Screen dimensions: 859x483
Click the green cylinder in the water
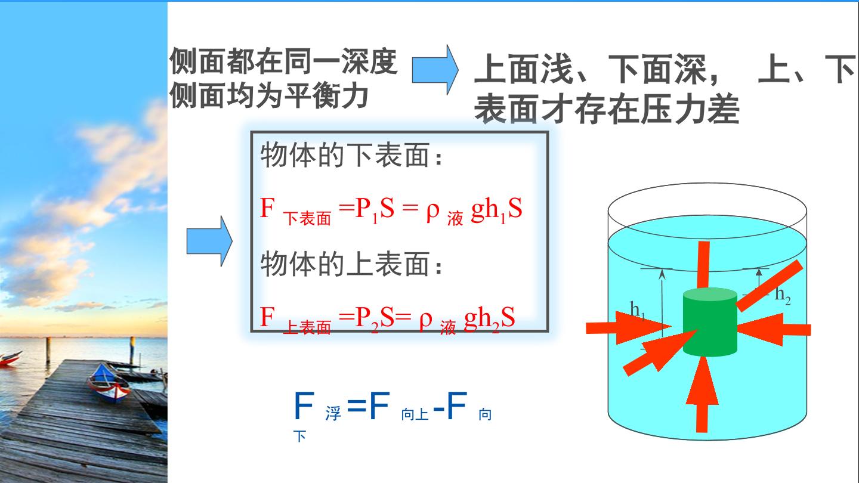pyautogui.click(x=710, y=322)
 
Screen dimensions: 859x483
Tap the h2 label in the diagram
pyautogui.click(x=783, y=295)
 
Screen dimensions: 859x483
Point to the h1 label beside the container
pyautogui.click(x=637, y=309)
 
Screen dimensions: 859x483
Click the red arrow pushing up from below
pyautogui.click(x=702, y=394)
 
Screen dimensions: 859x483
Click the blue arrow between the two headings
pyautogui.click(x=435, y=69)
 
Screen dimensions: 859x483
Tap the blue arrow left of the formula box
pyautogui.click(x=209, y=241)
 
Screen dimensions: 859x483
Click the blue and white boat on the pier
pyautogui.click(x=109, y=383)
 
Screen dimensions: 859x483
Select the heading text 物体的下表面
pyautogui.click(x=344, y=155)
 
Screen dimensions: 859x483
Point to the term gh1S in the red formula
pyautogui.click(x=496, y=209)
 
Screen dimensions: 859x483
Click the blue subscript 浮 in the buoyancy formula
pyautogui.click(x=333, y=414)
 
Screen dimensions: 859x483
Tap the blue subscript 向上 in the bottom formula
pyautogui.click(x=415, y=414)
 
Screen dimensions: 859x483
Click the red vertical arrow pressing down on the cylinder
pyautogui.click(x=703, y=265)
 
